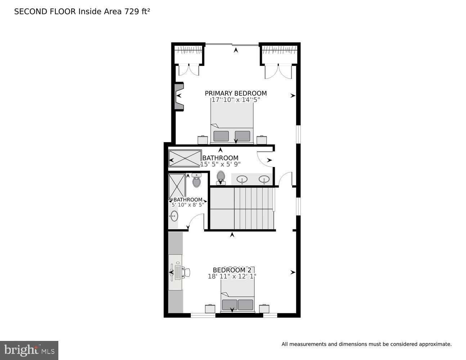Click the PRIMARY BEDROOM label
(x=236, y=93)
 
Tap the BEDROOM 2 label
(x=232, y=270)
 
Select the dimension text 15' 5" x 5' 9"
(x=220, y=164)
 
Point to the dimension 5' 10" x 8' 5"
(x=188, y=204)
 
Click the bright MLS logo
(x=29, y=350)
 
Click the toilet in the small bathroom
(x=196, y=180)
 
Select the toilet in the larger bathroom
(x=221, y=177)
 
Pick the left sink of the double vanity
(x=242, y=179)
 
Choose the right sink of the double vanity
(x=264, y=179)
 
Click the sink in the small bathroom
(x=174, y=216)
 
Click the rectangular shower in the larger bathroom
(x=185, y=158)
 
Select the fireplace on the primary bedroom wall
(x=179, y=96)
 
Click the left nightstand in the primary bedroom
(x=203, y=140)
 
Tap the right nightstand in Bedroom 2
(x=264, y=309)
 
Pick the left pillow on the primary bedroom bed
(x=221, y=136)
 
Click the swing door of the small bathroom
(x=196, y=220)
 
